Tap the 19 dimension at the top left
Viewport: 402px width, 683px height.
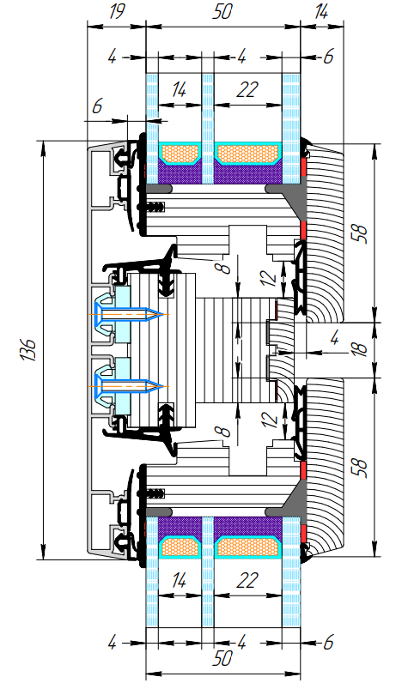[x=116, y=12]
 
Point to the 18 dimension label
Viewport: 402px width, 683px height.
[x=359, y=350]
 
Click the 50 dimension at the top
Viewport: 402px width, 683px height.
[x=222, y=12]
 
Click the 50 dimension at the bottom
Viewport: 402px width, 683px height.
[x=222, y=659]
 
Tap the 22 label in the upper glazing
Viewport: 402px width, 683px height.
[x=247, y=90]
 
